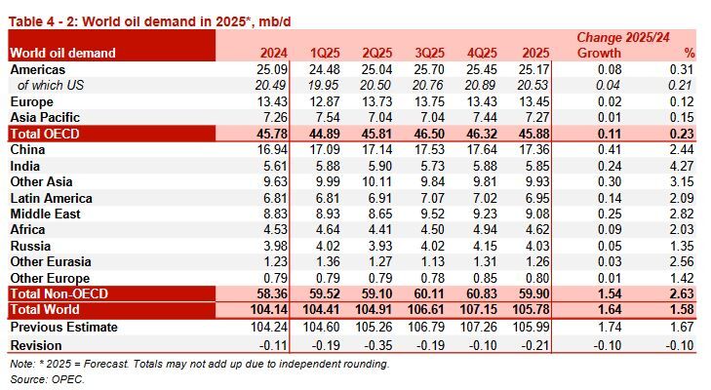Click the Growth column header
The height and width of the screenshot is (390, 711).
pos(599,53)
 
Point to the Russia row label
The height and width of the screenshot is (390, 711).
pos(31,246)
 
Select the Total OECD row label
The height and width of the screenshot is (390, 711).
pos(47,134)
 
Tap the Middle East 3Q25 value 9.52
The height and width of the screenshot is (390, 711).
pos(454,214)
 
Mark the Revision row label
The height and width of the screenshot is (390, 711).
pos(36,343)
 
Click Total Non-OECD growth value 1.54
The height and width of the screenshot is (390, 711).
pos(606,293)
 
